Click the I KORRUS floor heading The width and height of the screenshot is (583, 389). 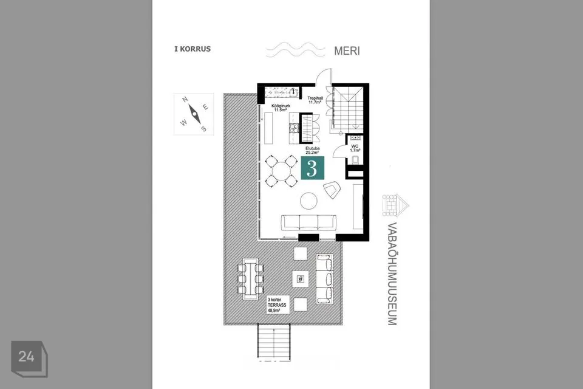pos(193,49)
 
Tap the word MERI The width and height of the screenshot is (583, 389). pos(347,50)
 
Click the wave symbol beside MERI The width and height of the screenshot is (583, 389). pos(296,49)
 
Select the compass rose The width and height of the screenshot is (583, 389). pos(194,114)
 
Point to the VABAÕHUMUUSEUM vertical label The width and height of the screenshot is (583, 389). pos(392,274)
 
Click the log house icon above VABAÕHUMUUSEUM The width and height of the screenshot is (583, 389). pos(395,205)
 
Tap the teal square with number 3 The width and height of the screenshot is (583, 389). pos(312,168)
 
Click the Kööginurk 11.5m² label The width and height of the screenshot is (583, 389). pos(281,108)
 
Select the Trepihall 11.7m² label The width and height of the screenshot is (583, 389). pos(315,100)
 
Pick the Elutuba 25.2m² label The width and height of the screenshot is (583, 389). pos(312,150)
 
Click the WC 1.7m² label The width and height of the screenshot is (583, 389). pos(355,148)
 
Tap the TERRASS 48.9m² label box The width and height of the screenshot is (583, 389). pos(277,305)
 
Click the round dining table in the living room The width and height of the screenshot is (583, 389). pos(281,171)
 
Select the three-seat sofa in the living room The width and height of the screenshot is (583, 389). pos(309,222)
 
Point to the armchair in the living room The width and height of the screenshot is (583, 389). pos(332,190)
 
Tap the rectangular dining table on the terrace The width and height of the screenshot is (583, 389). pos(251,278)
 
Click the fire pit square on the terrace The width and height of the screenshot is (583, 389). pos(301,279)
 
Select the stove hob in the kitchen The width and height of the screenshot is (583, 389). pos(294,128)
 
